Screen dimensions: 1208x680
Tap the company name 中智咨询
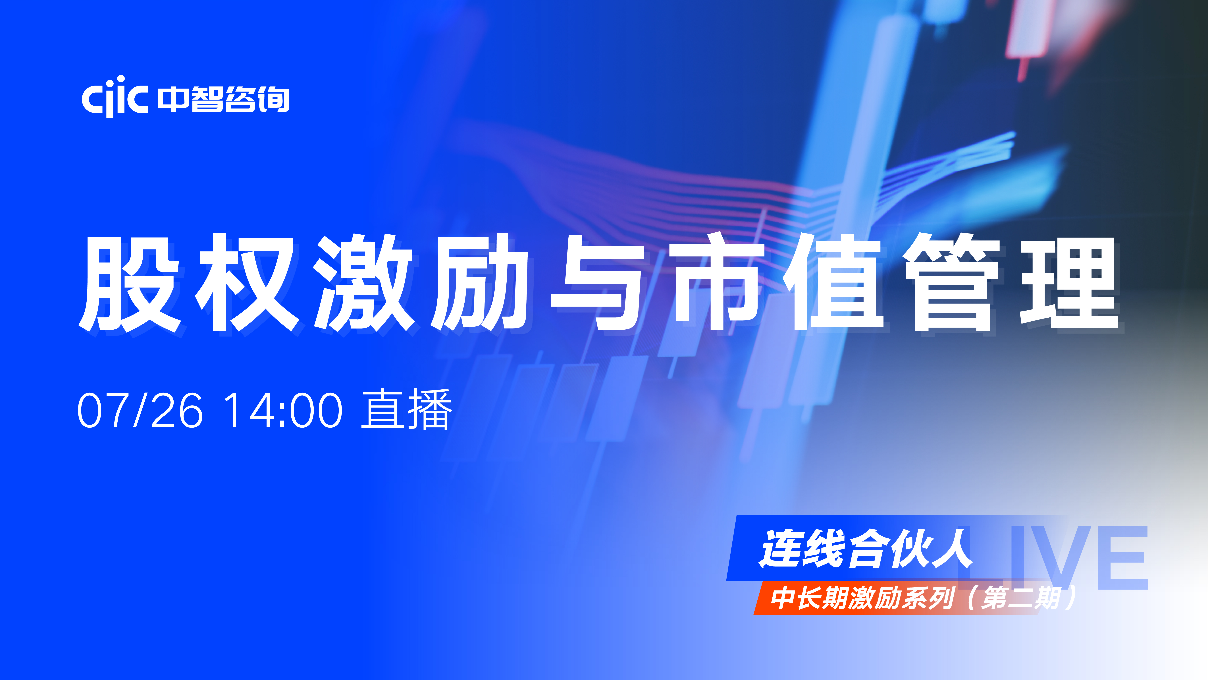pyautogui.click(x=223, y=99)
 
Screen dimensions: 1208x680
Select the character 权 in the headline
pyautogui.click(x=247, y=283)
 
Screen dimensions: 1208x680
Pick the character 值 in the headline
pyautogui.click(x=833, y=283)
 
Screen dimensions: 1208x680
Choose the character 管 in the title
pyautogui.click(x=952, y=283)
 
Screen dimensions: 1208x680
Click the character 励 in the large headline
pyautogui.click(x=482, y=283)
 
